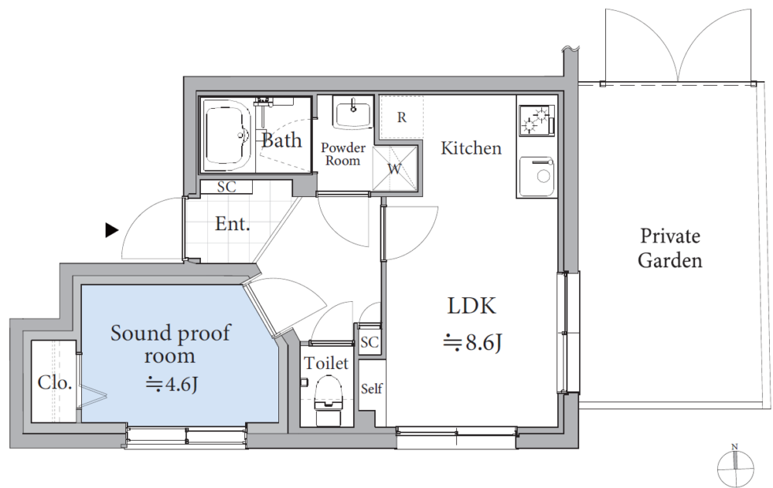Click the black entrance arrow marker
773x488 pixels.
coord(112,230)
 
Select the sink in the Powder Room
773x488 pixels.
coord(353,113)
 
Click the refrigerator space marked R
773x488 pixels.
coord(402,117)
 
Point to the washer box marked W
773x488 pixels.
coord(394,169)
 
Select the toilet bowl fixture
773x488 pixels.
coord(328,399)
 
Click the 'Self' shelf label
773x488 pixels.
coord(371,388)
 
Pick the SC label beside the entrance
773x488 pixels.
coord(226,187)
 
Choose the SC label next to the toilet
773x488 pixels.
coord(369,342)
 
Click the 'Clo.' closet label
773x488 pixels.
coord(55,382)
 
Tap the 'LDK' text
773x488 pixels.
coord(472,306)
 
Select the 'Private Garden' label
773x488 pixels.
coord(670,248)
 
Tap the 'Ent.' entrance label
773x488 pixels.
coord(233,224)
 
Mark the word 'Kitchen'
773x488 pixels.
coord(471,147)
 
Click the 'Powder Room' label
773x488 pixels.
coord(343,154)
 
